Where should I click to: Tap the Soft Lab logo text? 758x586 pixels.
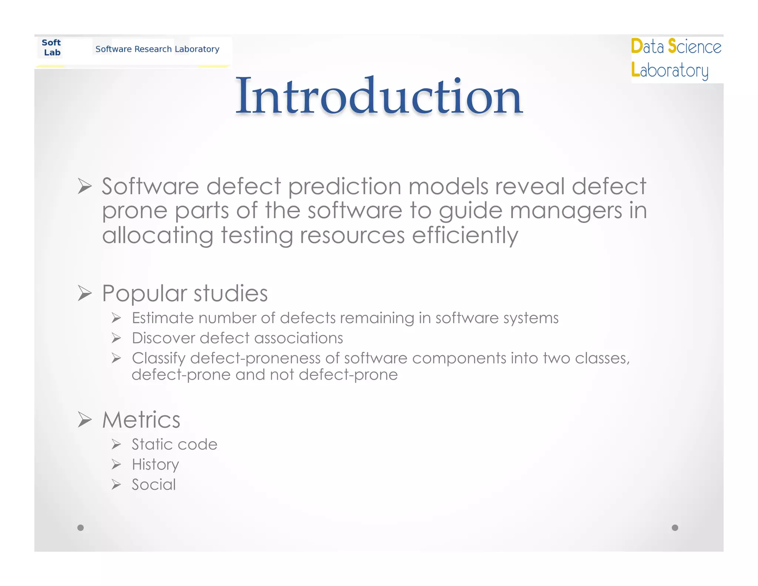pos(51,48)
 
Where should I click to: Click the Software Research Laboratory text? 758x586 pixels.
pos(157,49)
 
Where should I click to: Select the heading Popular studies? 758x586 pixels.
pos(185,293)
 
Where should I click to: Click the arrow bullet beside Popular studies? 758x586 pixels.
pos(85,293)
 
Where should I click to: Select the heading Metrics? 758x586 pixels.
pos(141,420)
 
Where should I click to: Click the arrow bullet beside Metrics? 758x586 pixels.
pos(85,420)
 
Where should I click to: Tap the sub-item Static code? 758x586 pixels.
pos(174,445)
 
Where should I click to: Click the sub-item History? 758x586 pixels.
pos(155,465)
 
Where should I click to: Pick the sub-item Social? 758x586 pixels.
pos(154,485)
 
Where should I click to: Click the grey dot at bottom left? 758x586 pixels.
pos(80,527)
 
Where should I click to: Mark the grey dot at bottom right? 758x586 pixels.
pos(675,527)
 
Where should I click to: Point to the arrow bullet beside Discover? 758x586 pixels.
pos(117,338)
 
